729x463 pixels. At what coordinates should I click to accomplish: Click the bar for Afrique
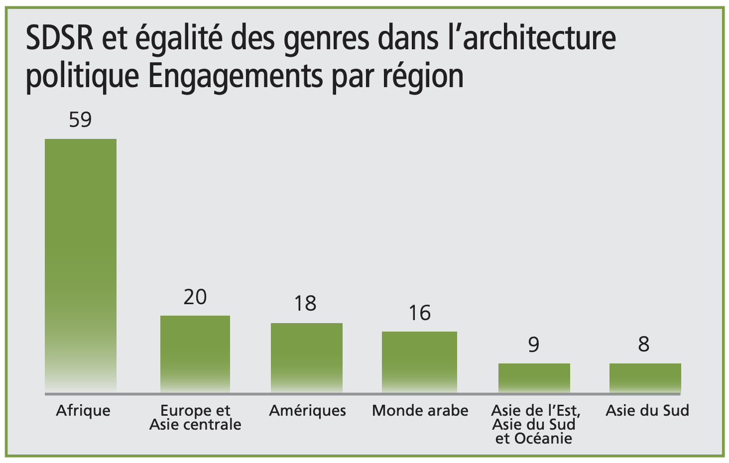81,264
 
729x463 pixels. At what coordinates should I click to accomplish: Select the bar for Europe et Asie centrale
195,353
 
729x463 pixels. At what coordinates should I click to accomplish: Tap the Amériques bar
306,357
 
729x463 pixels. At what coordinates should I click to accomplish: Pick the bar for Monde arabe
419,361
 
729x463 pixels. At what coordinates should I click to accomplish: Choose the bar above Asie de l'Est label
534,377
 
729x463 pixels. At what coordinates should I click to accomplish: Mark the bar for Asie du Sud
645,377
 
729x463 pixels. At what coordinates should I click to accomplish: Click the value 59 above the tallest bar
81,120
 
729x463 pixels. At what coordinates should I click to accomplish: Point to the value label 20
195,297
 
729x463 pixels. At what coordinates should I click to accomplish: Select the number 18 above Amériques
305,304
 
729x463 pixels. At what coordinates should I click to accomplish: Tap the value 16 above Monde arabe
419,313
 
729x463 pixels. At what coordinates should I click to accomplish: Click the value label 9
534,345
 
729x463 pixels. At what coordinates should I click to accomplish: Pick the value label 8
644,344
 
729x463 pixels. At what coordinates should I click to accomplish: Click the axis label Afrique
83,411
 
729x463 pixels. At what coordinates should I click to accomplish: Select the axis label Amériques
307,411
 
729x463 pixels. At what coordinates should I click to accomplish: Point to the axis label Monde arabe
420,411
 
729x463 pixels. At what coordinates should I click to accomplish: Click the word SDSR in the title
59,38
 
